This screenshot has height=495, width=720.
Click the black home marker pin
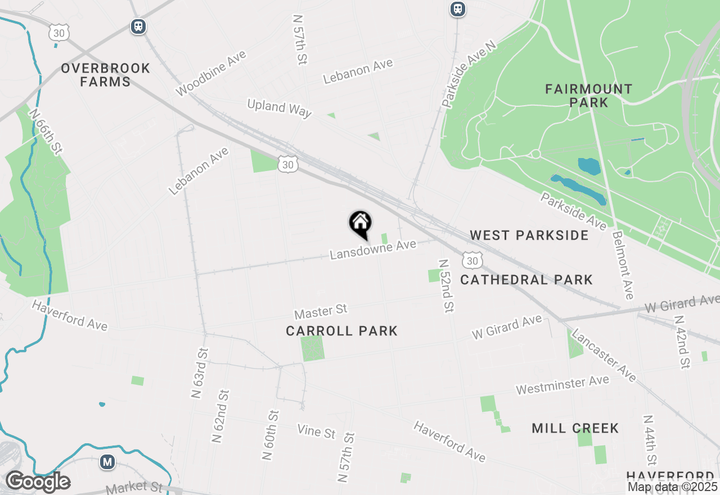[x=360, y=224]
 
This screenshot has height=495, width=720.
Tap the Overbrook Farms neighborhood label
[x=106, y=75]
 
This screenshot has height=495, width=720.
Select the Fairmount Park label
[x=588, y=96]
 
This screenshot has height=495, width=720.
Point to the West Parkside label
[x=529, y=235]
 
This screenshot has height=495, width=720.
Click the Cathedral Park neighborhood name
[x=526, y=280]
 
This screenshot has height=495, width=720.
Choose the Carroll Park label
[x=341, y=331]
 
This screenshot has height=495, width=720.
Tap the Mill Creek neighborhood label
[x=575, y=429]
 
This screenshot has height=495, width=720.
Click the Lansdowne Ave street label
[x=373, y=249]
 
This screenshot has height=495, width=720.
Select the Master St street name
[x=321, y=310]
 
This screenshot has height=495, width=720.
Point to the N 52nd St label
[x=446, y=285]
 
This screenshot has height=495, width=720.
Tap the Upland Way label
[x=279, y=107]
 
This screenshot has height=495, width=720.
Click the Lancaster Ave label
[x=604, y=355]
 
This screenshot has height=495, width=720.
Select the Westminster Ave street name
[x=562, y=385]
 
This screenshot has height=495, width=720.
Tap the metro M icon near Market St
[x=107, y=462]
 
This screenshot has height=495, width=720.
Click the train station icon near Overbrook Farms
[x=138, y=26]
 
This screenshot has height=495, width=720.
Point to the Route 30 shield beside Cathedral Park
[x=472, y=260]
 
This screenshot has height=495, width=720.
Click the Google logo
[x=38, y=482]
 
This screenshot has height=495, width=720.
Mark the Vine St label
[x=316, y=431]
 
